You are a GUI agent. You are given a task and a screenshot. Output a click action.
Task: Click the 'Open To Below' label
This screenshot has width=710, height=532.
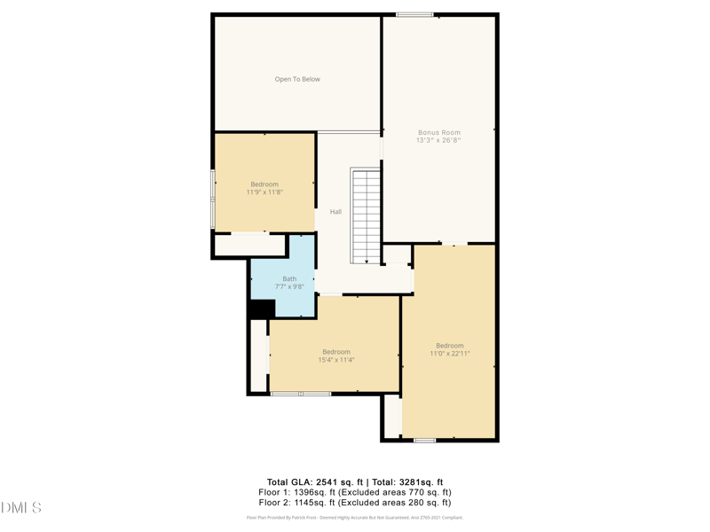pyautogui.click(x=297, y=80)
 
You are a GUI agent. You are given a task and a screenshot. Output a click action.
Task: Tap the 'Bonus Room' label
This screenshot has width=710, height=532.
pyautogui.click(x=439, y=133)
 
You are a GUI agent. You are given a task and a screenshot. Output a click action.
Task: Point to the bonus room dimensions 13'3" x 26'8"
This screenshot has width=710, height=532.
pyautogui.click(x=439, y=141)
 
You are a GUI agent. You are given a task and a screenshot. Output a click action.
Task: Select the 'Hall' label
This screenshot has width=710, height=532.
pyautogui.click(x=335, y=212)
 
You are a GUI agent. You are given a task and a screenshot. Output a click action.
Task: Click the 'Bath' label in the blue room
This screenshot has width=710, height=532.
pyautogui.click(x=289, y=278)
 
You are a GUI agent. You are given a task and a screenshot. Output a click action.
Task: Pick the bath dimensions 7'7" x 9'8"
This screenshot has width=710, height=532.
pyautogui.click(x=289, y=287)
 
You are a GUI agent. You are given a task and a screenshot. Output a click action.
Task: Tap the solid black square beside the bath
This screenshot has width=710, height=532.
pyautogui.click(x=262, y=309)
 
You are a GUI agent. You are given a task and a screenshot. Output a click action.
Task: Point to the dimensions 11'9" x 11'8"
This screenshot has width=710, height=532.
pyautogui.click(x=264, y=192)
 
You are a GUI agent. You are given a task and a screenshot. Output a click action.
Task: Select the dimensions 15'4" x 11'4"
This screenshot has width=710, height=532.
pyautogui.click(x=336, y=360)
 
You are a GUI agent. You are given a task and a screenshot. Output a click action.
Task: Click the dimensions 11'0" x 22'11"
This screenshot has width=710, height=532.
pyautogui.click(x=450, y=354)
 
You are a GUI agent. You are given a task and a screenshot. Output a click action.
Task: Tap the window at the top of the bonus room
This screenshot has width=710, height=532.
pyautogui.click(x=414, y=14)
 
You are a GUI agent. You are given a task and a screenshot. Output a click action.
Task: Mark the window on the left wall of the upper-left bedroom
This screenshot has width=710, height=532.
pyautogui.click(x=213, y=198)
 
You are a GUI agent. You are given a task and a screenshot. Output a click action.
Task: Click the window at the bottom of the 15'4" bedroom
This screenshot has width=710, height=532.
pyautogui.click(x=301, y=393)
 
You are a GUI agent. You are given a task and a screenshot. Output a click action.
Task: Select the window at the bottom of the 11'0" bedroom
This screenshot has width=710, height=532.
pyautogui.click(x=424, y=440)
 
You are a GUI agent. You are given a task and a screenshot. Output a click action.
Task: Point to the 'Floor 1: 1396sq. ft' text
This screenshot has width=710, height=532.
pyautogui.click(x=296, y=492)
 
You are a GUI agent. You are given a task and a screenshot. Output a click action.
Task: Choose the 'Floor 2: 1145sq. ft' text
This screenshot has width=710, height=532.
pyautogui.click(x=296, y=503)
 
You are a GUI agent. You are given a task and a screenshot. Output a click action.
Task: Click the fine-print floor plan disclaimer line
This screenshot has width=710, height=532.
pyautogui.click(x=354, y=518)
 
